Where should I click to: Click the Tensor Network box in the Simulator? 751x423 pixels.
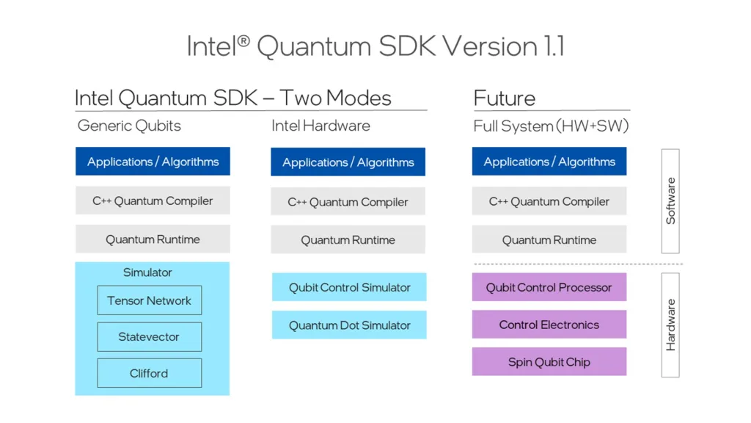[149, 300]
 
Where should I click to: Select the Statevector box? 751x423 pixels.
[149, 337]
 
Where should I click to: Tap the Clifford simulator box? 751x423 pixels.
[149, 373]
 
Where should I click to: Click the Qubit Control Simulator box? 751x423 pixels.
[349, 287]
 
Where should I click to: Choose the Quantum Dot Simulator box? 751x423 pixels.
[349, 325]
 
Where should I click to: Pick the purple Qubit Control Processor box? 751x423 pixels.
[549, 287]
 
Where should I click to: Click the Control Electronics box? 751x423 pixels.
[549, 325]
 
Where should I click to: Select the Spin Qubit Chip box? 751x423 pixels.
[549, 362]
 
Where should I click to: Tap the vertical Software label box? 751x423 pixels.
[670, 201]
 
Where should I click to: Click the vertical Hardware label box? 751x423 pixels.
[670, 325]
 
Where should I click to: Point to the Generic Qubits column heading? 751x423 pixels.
[129, 126]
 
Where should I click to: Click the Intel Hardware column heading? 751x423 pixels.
[320, 126]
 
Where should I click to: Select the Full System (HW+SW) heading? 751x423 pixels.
[551, 126]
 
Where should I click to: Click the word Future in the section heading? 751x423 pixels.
[505, 98]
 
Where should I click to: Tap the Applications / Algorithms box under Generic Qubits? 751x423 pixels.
[153, 162]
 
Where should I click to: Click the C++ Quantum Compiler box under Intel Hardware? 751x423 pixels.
[348, 201]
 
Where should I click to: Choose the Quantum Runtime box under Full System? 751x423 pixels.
[549, 239]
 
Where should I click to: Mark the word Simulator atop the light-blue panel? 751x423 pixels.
[147, 272]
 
